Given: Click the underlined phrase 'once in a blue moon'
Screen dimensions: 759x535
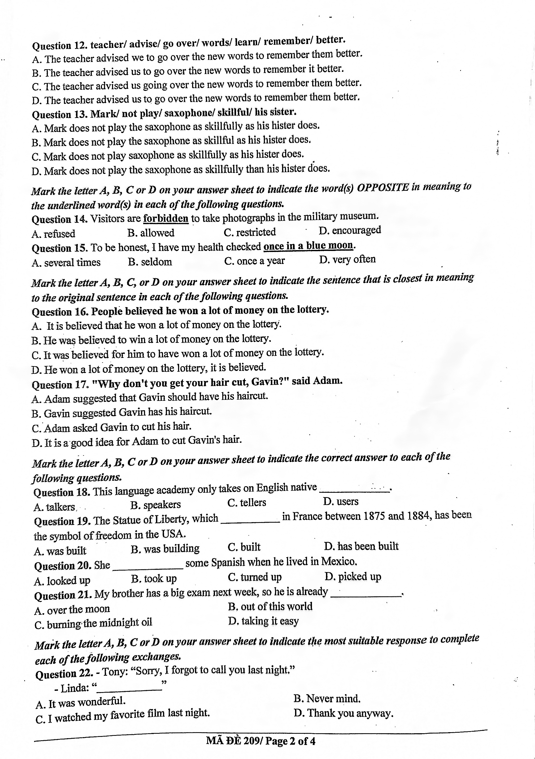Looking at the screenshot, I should click(308, 246).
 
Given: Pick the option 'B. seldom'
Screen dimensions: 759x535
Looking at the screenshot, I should click(150, 262).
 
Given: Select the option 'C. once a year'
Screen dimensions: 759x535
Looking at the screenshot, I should click(254, 261).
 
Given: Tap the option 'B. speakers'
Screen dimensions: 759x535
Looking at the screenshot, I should click(155, 504).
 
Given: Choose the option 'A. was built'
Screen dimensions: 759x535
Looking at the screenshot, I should click(60, 551).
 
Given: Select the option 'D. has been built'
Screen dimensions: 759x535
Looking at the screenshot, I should click(361, 546).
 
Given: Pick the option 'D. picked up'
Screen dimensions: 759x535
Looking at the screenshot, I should click(353, 576).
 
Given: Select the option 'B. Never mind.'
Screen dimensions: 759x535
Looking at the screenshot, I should click(327, 699).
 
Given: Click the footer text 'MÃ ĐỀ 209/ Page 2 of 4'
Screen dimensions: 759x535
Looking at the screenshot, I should click(260, 741).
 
